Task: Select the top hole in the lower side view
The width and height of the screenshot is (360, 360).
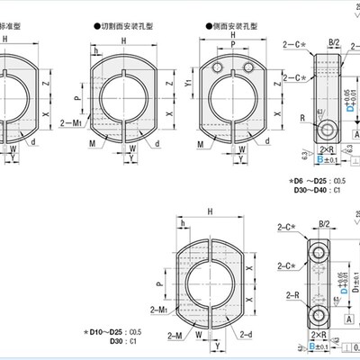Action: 317,247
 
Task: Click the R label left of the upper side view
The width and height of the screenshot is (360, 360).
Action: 296,117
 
